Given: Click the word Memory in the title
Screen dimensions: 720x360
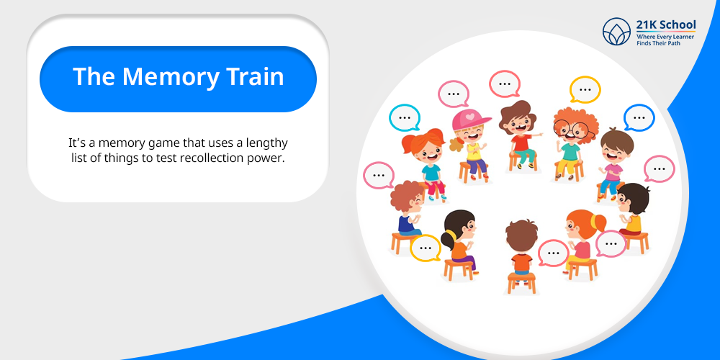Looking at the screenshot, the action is click(171, 78).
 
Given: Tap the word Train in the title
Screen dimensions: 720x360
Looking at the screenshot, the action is click(256, 76).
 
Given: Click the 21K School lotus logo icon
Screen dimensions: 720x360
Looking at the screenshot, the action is click(617, 32).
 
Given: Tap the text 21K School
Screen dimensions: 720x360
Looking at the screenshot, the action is click(666, 24).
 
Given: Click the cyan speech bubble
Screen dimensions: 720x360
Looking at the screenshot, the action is click(405, 117).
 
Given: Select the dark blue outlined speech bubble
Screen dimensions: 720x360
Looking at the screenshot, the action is click(639, 117).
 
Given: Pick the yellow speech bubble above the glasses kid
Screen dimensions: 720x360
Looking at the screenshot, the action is click(585, 89).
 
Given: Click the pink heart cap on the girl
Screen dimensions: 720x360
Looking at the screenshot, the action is click(469, 120).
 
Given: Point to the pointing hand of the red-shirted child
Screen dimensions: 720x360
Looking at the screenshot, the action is click(537, 135).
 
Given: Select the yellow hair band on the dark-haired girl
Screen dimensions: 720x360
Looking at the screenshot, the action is click(451, 235).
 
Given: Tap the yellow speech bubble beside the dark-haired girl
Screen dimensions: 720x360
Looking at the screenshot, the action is click(426, 248).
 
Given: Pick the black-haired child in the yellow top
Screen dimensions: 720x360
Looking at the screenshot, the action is click(632, 210).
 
